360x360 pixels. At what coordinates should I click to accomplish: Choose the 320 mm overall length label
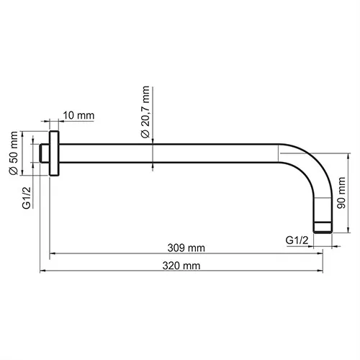(x=182, y=265)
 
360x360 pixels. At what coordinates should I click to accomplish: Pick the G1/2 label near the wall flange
(x=26, y=197)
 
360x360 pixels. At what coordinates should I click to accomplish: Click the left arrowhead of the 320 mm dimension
(x=42, y=271)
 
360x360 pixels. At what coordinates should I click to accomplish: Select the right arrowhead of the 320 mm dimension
(x=319, y=271)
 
